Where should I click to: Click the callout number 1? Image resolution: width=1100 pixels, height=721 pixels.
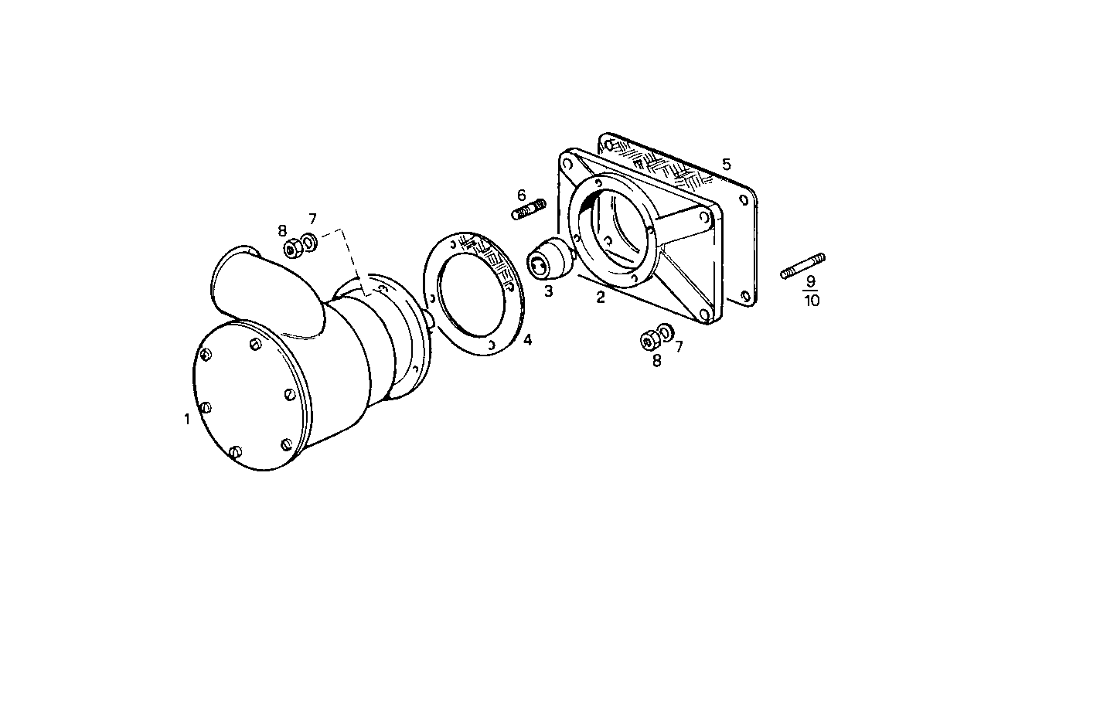[x=186, y=420]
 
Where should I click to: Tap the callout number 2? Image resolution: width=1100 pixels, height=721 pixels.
[x=601, y=298]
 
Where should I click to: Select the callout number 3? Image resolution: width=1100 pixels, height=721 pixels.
[x=548, y=291]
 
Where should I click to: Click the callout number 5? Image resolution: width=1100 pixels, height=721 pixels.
[x=726, y=164]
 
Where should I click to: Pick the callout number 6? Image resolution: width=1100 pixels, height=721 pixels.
[x=522, y=195]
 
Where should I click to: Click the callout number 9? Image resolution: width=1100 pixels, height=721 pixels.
[x=811, y=281]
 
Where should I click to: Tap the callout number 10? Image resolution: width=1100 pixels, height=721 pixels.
[x=812, y=301]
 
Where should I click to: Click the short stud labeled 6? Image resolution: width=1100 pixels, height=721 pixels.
[x=529, y=209]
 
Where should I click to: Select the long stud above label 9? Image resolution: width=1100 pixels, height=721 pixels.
[x=802, y=265]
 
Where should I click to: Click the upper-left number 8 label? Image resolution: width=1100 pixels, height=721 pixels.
[x=283, y=230]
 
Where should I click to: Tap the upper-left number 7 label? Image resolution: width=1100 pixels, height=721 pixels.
[x=312, y=219]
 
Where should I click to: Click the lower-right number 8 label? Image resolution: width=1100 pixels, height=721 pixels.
[x=657, y=360]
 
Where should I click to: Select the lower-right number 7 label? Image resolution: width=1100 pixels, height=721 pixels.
[x=679, y=347]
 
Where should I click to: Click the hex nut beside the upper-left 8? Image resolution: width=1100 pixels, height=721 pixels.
[x=293, y=248]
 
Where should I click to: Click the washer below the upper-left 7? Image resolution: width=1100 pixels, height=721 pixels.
[x=309, y=243]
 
